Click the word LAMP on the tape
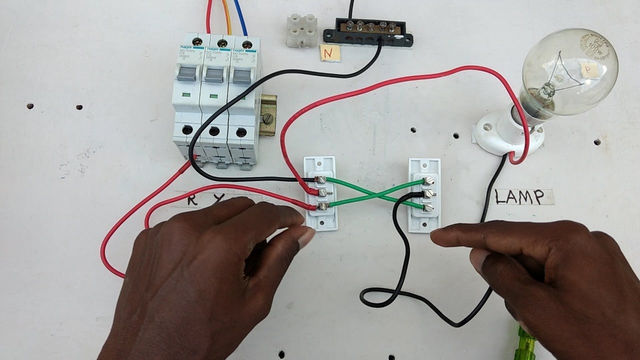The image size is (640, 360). click(519, 197)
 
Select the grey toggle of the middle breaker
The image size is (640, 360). click(214, 76)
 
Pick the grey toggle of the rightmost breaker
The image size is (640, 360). click(241, 77)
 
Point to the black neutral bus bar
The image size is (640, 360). click(368, 33)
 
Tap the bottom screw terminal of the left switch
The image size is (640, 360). click(323, 206)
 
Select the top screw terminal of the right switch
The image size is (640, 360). click(428, 181)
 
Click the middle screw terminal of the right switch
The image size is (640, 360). click(428, 193)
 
